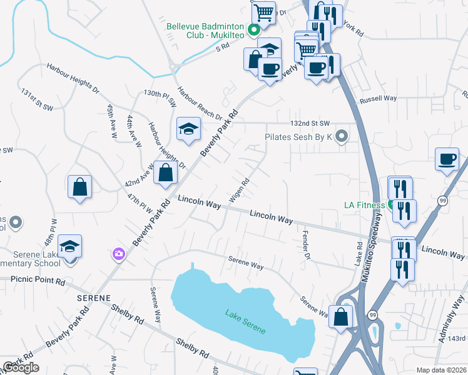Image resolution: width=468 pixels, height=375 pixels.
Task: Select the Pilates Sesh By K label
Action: (x=298, y=136)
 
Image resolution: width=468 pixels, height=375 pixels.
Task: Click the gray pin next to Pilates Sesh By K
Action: (x=342, y=136)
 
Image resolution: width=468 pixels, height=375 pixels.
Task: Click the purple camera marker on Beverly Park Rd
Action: (x=119, y=254)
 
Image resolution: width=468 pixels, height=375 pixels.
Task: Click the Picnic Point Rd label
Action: (x=38, y=282)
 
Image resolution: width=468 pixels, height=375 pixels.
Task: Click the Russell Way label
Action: (x=378, y=98)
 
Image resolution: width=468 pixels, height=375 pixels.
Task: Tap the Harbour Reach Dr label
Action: (x=198, y=103)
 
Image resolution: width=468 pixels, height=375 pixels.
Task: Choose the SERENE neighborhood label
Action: (x=94, y=298)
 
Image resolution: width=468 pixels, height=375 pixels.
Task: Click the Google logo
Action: (x=21, y=367)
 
